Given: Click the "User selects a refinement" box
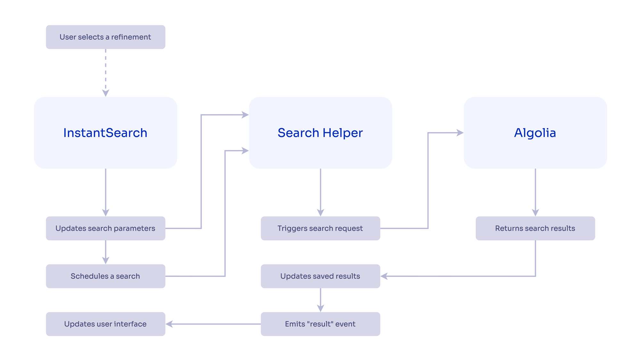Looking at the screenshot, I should (x=105, y=37).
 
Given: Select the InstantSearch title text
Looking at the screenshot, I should (x=105, y=133).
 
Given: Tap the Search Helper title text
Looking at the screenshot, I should (x=320, y=133).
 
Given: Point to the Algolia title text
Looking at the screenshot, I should (x=535, y=133).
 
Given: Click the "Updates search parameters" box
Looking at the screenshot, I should (x=105, y=228).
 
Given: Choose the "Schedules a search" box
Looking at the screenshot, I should (x=105, y=276).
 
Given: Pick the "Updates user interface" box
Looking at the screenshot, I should (x=105, y=324).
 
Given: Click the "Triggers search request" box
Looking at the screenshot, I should (x=320, y=228).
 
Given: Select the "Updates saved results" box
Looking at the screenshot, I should (x=320, y=276).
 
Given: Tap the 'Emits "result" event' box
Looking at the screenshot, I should (x=320, y=324).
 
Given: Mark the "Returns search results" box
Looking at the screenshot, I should (x=535, y=228).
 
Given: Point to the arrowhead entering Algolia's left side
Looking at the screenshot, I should (x=460, y=133).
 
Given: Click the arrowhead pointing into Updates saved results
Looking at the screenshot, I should (x=384, y=276).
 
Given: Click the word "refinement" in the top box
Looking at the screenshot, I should (x=131, y=37).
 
